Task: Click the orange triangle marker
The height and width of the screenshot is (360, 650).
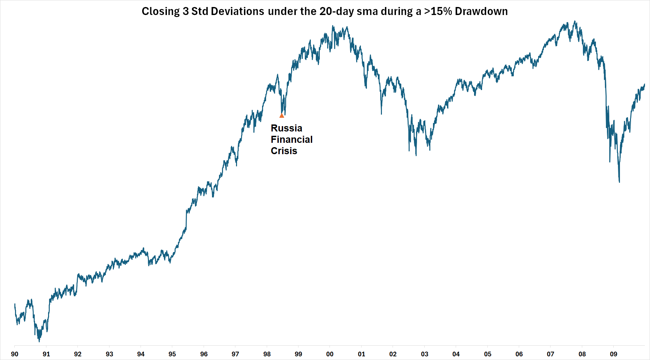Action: pyautogui.click(x=282, y=116)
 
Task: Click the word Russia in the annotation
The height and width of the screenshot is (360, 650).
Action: pyautogui.click(x=286, y=128)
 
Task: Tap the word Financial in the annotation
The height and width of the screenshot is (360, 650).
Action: pyautogui.click(x=291, y=139)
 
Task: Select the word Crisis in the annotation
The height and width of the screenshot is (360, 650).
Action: pyautogui.click(x=284, y=151)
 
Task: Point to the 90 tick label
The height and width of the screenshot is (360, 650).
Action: pyautogui.click(x=15, y=354)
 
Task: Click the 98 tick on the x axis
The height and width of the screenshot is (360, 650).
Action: pyautogui.click(x=267, y=354)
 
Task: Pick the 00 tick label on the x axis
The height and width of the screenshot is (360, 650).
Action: pyautogui.click(x=330, y=354)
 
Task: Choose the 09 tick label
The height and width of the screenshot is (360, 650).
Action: pyautogui.click(x=614, y=354)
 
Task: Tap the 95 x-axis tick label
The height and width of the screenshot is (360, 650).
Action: pyautogui.click(x=172, y=354)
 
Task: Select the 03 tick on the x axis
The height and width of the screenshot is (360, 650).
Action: pyautogui.click(x=425, y=354)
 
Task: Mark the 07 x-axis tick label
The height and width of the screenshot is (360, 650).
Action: pyautogui.click(x=551, y=354)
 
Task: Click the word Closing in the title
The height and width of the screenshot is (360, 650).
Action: pyautogui.click(x=161, y=11)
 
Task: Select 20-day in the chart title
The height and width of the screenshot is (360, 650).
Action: pyautogui.click(x=337, y=11)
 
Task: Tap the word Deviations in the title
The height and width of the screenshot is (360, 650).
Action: pyautogui.click(x=237, y=11)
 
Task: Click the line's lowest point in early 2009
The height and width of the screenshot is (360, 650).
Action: pyautogui.click(x=619, y=182)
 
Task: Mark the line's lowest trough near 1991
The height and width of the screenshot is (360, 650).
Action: pyautogui.click(x=39, y=341)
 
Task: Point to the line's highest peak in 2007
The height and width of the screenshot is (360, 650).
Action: pyautogui.click(x=575, y=21)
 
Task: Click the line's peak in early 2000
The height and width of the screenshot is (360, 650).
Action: pyautogui.click(x=333, y=26)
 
